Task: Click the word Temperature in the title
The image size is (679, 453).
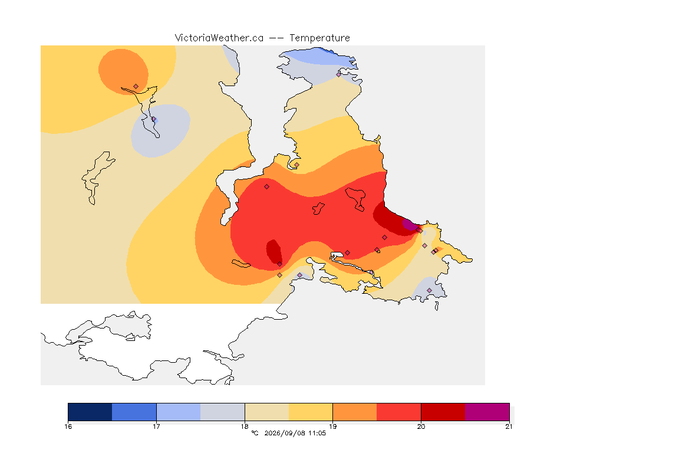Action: tap(319, 38)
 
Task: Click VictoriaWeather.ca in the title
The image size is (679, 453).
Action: tap(219, 38)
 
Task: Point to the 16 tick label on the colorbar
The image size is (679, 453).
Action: tap(68, 426)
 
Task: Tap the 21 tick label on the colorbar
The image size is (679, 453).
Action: tap(509, 426)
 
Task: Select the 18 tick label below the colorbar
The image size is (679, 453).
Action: tap(245, 426)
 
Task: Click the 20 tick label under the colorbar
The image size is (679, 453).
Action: tap(421, 426)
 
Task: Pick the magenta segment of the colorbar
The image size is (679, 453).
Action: tap(487, 412)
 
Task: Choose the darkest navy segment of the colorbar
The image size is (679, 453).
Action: tap(90, 412)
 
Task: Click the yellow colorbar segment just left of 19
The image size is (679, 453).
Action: tap(311, 412)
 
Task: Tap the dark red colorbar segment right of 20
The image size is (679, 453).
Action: tap(443, 412)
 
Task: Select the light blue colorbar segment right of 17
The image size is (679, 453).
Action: tap(179, 412)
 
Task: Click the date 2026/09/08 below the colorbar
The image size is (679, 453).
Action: tap(284, 433)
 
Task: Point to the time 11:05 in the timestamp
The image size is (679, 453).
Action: tap(317, 433)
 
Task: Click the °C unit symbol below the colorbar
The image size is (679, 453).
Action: tap(255, 433)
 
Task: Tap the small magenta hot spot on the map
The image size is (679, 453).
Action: tap(409, 225)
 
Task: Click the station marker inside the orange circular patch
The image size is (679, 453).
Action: tap(136, 87)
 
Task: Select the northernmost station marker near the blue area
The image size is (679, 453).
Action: tap(339, 74)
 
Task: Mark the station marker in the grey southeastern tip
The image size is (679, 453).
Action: tap(429, 290)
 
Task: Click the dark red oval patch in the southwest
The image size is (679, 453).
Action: tap(273, 251)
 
